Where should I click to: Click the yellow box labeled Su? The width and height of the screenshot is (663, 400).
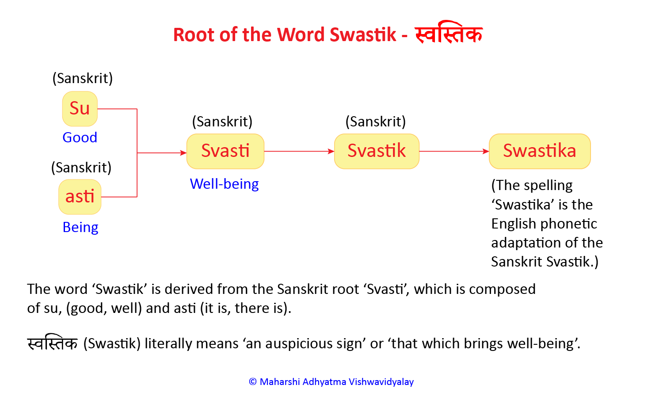tap(80, 109)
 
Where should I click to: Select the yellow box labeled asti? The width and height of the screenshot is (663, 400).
tap(80, 197)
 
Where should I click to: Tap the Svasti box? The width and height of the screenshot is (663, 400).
tap(225, 151)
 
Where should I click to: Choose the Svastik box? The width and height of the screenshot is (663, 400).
tap(377, 151)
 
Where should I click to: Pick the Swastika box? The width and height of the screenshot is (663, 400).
tap(540, 151)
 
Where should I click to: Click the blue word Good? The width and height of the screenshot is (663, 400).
tap(80, 137)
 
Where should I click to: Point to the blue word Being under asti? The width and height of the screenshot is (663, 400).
tap(80, 227)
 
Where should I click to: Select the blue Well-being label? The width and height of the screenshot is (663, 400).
tap(225, 184)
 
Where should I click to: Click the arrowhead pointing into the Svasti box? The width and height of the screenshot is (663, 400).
tap(184, 153)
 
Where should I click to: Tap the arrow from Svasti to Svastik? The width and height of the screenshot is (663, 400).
tap(299, 151)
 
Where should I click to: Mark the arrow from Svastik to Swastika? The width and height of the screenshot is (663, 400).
tap(454, 151)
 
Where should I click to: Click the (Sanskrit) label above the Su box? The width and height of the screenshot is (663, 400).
tap(83, 79)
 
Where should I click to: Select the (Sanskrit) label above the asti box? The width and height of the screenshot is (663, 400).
tap(81, 168)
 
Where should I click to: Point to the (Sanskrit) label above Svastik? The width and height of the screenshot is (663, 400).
tap(376, 122)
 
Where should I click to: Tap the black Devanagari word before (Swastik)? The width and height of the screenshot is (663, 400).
tap(53, 343)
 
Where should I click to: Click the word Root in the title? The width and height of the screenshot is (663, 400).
tap(194, 34)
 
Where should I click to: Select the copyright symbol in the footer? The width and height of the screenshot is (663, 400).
tap(253, 382)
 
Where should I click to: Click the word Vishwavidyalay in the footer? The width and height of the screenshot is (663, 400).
tap(381, 382)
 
